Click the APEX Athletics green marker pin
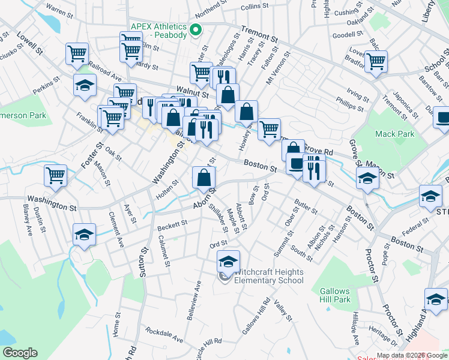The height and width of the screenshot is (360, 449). pos(195,29)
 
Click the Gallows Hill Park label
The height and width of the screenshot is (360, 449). pos(335,295)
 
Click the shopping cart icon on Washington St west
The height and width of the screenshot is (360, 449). pos(55,176)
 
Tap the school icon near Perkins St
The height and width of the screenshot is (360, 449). pos(85,85)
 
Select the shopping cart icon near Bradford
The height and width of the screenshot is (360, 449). pos(376,61)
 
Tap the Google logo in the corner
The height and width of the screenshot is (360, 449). pos(19,352)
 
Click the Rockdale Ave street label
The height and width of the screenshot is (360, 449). pos(164,335)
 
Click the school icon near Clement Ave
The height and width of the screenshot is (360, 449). pos(84,235)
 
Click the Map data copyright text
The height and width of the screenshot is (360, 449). pos(412,355)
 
